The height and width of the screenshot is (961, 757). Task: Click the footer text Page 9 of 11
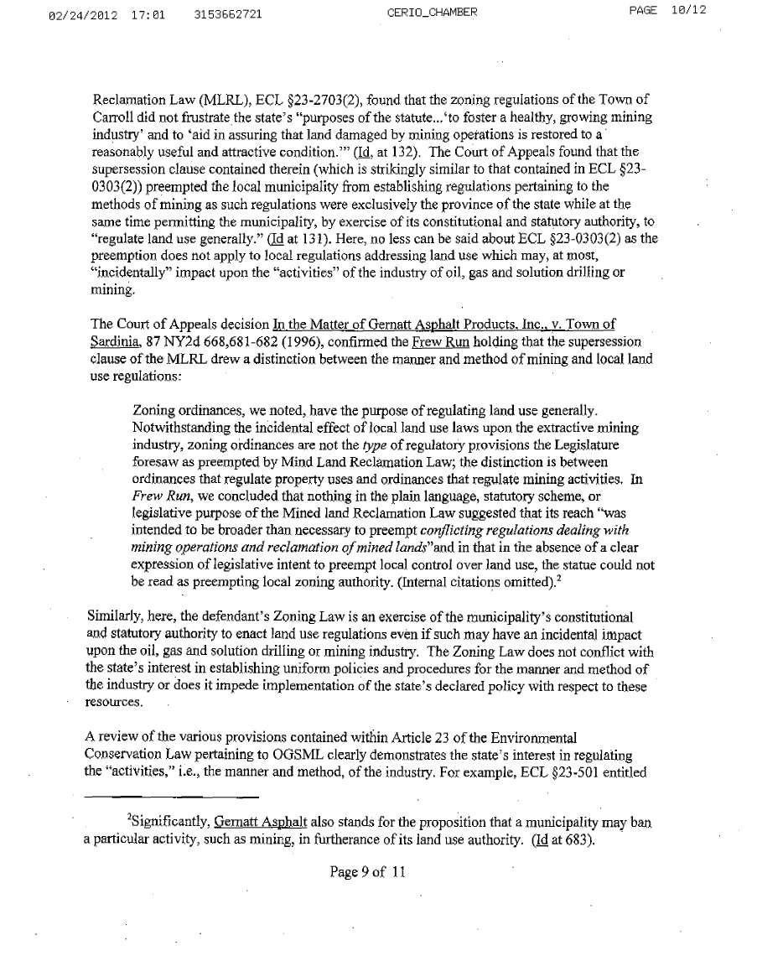(368, 872)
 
